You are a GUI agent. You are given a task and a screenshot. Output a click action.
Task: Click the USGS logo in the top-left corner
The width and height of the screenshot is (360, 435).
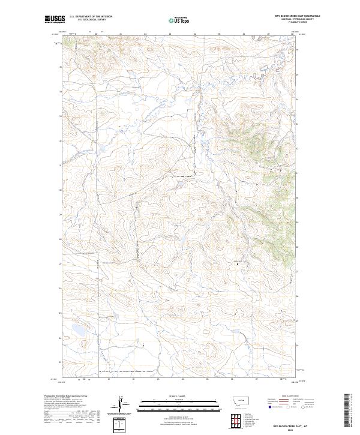(54, 20)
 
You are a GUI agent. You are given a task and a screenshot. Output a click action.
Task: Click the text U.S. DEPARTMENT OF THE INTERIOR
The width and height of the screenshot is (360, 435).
(91, 16)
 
